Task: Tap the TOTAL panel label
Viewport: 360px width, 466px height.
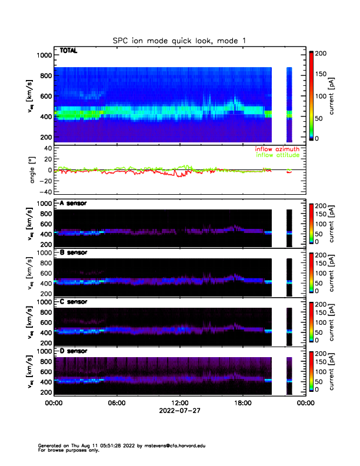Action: pos(68,52)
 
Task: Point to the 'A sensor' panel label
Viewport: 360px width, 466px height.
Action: pos(74,204)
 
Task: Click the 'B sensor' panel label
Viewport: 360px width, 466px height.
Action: pos(74,252)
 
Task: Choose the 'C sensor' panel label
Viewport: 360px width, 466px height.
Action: pos(74,302)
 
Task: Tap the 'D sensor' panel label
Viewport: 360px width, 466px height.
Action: pos(74,351)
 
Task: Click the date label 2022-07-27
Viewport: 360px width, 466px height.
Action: pos(179,411)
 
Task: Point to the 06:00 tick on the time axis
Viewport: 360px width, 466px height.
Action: pos(116,404)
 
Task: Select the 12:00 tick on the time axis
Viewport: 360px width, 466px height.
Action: pos(179,404)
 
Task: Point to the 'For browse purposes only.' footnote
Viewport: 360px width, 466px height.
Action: pos(69,450)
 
